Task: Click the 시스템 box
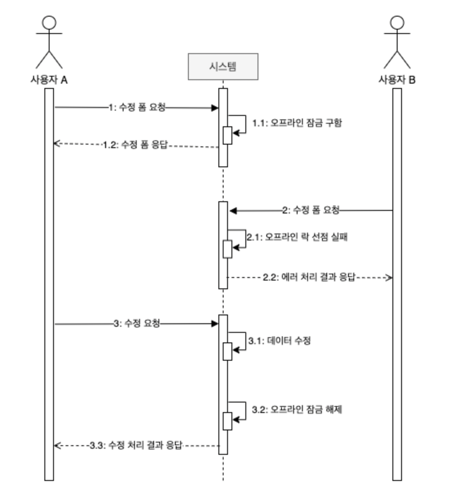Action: (x=223, y=66)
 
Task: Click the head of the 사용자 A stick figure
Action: (x=49, y=22)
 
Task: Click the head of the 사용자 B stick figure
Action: (x=397, y=22)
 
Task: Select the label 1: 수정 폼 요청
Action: (x=137, y=107)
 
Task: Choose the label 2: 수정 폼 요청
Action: (x=310, y=210)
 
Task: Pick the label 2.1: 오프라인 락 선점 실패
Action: (x=297, y=237)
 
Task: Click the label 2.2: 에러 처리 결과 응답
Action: (x=309, y=277)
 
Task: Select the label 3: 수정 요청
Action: (x=136, y=323)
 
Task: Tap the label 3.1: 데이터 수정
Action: (x=279, y=341)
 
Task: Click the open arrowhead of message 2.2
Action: (x=389, y=277)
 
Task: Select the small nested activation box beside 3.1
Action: (x=227, y=351)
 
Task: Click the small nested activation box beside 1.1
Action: (x=227, y=135)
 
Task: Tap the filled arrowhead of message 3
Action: (x=214, y=324)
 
